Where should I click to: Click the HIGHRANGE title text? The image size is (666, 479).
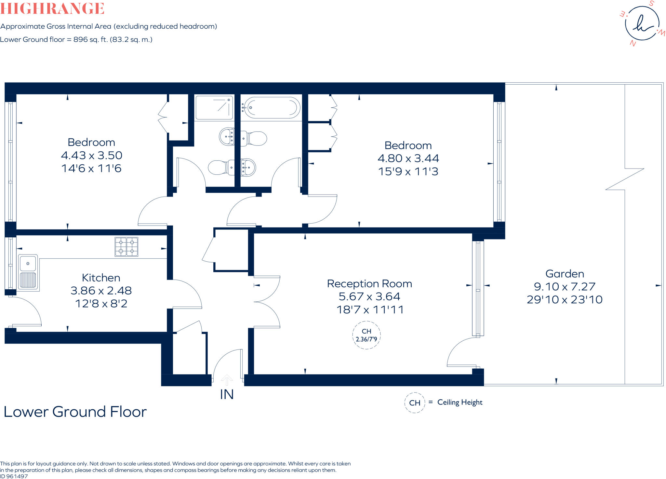(52, 8)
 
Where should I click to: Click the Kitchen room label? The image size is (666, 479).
(101, 278)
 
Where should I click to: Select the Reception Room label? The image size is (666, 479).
(369, 284)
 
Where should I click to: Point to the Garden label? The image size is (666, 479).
(565, 274)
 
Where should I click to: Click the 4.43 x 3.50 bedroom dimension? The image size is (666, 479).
(92, 155)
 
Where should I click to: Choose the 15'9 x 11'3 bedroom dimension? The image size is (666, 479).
(408, 171)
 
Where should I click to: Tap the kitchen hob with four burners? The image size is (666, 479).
(127, 247)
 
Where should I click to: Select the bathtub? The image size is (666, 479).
(272, 108)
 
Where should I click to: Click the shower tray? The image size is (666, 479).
(214, 108)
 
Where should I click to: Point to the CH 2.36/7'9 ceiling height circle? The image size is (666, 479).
(366, 335)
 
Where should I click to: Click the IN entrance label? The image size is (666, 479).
(227, 395)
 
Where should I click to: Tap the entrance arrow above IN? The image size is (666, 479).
(227, 380)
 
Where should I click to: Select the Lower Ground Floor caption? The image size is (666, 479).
(75, 412)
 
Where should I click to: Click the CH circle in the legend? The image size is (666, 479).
(415, 403)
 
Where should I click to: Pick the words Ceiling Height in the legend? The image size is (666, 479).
(460, 403)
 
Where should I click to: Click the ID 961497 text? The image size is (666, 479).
(14, 476)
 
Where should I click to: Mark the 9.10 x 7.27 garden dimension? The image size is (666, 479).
(565, 287)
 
